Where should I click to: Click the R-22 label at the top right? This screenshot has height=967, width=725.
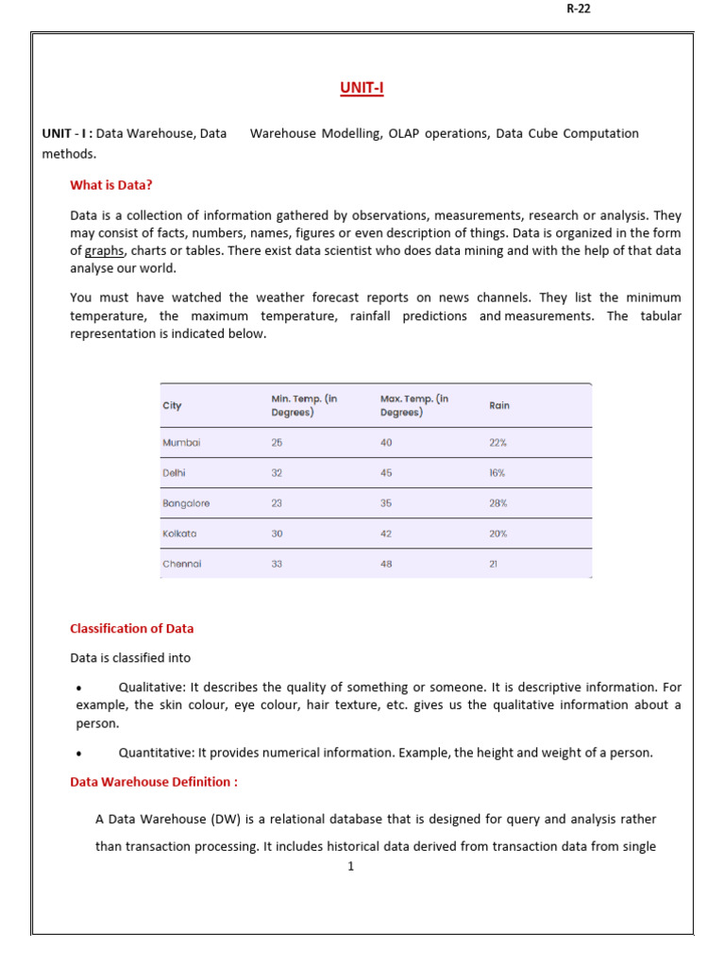(x=578, y=8)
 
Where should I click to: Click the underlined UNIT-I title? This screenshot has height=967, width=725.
(x=362, y=89)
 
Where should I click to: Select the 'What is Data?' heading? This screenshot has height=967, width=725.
(x=111, y=185)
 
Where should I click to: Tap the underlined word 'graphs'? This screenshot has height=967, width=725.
(x=104, y=251)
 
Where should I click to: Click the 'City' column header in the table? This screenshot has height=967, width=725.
(x=172, y=405)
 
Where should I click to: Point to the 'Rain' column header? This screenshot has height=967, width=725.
(x=498, y=405)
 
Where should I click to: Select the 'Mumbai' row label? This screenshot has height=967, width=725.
(x=181, y=442)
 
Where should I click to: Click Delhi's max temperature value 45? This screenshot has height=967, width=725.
(x=386, y=472)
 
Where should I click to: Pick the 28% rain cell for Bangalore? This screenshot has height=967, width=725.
(x=497, y=503)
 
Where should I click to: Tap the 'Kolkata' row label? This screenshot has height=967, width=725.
(x=179, y=534)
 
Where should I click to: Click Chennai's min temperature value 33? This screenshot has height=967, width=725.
(x=277, y=564)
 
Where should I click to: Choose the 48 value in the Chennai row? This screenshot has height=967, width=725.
(x=386, y=564)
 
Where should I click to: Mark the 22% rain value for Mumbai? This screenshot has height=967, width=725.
(x=497, y=442)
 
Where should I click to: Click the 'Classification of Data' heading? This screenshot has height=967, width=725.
(x=132, y=628)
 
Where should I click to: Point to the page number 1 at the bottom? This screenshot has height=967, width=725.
(x=350, y=866)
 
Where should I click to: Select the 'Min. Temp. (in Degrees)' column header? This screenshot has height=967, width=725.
(x=304, y=405)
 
